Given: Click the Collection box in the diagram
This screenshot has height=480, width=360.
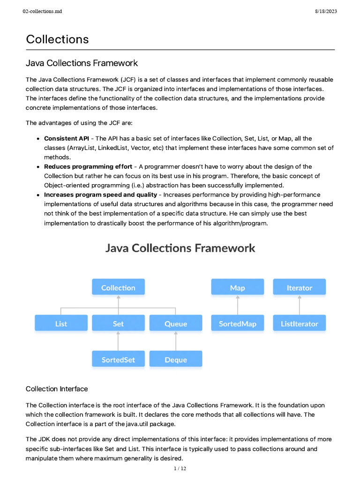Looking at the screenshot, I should (x=118, y=288).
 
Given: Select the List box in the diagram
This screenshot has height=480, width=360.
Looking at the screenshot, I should (x=61, y=323).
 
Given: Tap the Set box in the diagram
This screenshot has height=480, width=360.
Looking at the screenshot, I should (x=118, y=323).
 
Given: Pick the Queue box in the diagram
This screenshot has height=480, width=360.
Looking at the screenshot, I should (x=176, y=323).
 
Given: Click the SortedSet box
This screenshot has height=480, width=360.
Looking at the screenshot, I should (x=118, y=360).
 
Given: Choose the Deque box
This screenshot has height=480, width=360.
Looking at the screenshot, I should (x=176, y=360).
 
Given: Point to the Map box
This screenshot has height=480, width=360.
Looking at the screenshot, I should (x=238, y=288).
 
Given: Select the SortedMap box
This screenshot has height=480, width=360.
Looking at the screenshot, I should (x=238, y=323).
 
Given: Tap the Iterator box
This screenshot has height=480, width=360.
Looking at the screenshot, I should (x=300, y=288).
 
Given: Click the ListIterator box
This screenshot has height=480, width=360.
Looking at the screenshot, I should (x=300, y=323).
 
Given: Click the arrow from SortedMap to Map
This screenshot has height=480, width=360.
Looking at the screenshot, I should (x=238, y=306).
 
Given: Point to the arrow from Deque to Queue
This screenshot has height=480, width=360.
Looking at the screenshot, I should (x=176, y=342).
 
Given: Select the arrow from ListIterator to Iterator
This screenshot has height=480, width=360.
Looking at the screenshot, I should (x=300, y=306).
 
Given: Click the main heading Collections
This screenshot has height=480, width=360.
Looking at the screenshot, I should (x=57, y=39).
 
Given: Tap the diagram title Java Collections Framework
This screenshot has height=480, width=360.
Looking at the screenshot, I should (x=180, y=247).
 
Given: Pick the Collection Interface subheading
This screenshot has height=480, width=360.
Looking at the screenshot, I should (x=57, y=389).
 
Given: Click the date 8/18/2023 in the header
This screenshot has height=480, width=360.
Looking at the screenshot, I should (x=326, y=12).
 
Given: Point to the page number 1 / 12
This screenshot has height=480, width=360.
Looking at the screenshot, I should (x=180, y=469).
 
